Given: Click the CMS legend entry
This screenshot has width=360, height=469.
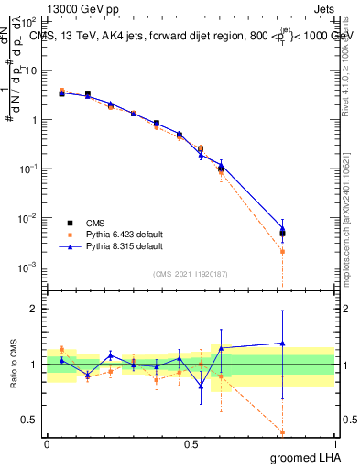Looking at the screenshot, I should tap(96, 223).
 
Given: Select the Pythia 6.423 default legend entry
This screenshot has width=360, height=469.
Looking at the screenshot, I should tap(111, 234).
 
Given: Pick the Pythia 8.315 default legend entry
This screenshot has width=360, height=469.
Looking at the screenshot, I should tap(111, 246).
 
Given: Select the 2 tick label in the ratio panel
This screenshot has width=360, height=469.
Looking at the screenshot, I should tap(38, 309).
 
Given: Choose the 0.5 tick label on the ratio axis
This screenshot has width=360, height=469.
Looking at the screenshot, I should tap(33, 420).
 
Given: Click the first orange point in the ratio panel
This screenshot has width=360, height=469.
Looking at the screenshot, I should tap(61, 349).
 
